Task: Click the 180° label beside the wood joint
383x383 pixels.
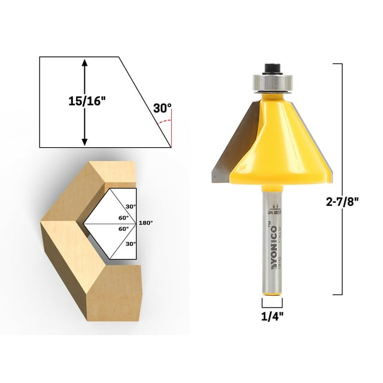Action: click(x=146, y=223)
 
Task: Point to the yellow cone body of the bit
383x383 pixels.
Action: click(x=281, y=144)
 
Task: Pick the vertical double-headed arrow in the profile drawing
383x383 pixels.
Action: click(x=84, y=101)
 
